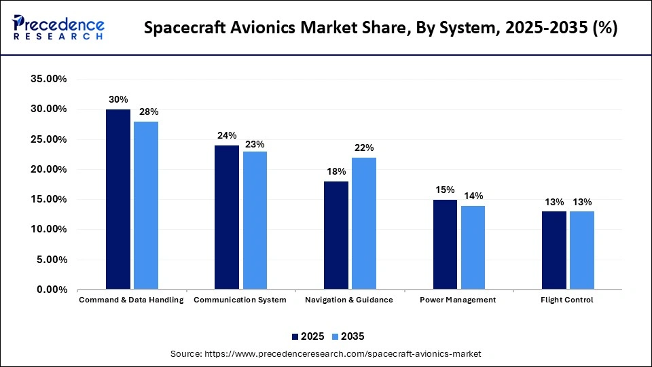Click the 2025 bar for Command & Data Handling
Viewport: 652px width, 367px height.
click(118, 199)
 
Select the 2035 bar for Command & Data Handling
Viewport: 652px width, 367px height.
click(145, 205)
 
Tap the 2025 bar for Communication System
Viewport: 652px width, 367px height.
click(227, 217)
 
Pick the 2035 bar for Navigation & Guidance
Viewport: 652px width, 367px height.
click(363, 224)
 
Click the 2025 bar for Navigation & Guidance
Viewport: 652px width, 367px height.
click(336, 235)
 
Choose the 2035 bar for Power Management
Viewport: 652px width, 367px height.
click(473, 247)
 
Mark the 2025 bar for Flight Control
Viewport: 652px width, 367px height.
click(554, 250)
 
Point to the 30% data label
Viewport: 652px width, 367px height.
click(118, 99)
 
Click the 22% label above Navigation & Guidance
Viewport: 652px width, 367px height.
click(364, 147)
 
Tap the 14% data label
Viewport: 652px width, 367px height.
click(473, 196)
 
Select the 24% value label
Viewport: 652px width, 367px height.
click(227, 135)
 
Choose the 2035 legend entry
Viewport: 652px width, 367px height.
click(348, 336)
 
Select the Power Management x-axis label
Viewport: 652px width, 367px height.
click(458, 300)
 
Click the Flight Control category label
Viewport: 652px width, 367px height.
click(567, 300)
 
